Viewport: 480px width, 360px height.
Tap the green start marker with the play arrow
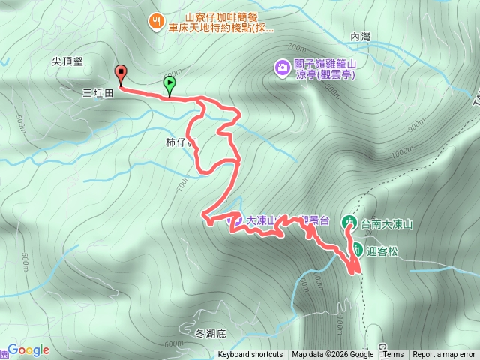(169, 84)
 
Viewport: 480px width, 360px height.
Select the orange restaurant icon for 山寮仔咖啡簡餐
(155, 21)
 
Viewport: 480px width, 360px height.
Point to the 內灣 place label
(361, 36)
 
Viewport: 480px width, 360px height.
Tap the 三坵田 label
(97, 94)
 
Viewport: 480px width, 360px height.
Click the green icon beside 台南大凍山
(349, 223)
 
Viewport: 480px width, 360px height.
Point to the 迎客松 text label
(382, 250)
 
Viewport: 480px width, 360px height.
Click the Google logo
(28, 350)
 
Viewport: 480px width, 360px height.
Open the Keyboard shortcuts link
(250, 355)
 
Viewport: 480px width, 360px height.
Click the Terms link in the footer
(393, 355)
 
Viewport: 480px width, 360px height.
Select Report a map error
(445, 355)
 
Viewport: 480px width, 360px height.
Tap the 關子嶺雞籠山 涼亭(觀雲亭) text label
(324, 69)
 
